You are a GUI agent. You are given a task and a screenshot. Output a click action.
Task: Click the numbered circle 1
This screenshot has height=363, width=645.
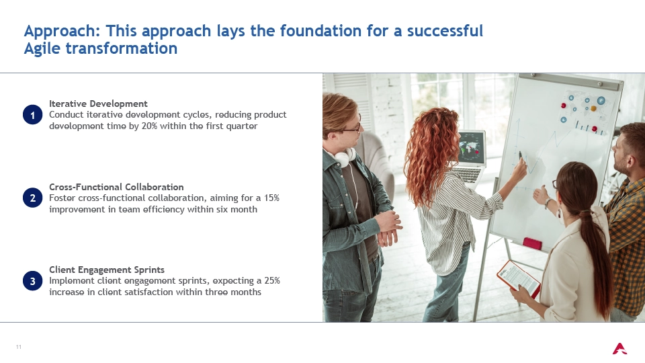click(x=32, y=115)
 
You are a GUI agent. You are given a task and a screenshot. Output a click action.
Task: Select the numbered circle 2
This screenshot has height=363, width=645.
click(x=32, y=198)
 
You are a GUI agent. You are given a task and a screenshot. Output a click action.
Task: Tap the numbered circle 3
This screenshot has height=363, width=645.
click(x=32, y=281)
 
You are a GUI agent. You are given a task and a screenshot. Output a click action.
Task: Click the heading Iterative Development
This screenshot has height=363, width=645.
click(x=98, y=104)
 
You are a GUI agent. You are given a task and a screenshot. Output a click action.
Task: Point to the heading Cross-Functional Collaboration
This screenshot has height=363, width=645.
click(x=116, y=187)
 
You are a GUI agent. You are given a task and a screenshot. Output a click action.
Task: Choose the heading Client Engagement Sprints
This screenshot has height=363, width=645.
click(x=107, y=270)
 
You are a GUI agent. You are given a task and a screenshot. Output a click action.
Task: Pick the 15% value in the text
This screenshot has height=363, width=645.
click(x=271, y=198)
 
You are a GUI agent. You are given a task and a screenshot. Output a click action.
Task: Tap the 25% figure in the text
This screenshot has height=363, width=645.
click(x=272, y=281)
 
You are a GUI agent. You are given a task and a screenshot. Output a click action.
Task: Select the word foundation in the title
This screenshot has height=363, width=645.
click(x=316, y=31)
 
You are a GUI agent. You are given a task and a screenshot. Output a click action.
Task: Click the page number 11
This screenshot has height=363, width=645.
click(x=19, y=347)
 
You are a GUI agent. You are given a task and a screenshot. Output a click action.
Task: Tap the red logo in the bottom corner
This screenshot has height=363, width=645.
click(x=619, y=349)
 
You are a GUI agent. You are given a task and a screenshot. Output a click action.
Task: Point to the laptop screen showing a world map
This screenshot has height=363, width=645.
click(x=472, y=148)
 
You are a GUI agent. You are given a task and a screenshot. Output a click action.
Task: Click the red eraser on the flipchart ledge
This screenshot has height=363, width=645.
click(x=532, y=243)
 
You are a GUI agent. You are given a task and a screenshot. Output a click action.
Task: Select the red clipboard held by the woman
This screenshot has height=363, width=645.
click(x=519, y=278)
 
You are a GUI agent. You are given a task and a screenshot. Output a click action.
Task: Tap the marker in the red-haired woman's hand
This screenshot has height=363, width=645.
click(x=521, y=155)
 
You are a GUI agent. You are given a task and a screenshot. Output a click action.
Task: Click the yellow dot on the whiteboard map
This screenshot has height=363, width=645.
click(x=593, y=109)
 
